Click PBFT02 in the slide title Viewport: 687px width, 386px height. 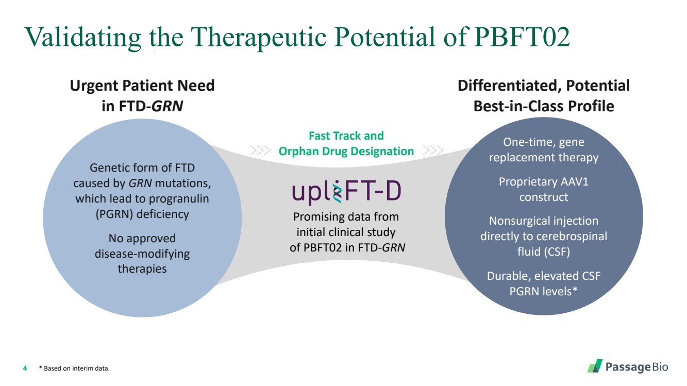(x=521, y=37)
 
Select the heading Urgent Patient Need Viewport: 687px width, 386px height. (x=142, y=86)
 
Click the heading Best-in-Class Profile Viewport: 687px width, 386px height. (x=544, y=106)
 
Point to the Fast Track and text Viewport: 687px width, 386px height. (x=346, y=136)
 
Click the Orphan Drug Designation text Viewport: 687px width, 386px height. (x=346, y=152)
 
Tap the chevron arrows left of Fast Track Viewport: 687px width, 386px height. (x=260, y=151)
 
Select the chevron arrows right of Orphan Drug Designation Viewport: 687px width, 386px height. (x=432, y=151)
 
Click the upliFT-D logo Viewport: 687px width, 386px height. (x=346, y=192)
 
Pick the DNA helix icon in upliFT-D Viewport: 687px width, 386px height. (x=338, y=193)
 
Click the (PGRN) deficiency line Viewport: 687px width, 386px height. (x=142, y=214)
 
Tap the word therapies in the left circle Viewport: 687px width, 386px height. (x=142, y=268)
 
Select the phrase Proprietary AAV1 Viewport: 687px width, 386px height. (x=544, y=182)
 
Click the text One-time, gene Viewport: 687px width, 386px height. (x=544, y=142)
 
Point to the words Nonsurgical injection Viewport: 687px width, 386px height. (x=544, y=221)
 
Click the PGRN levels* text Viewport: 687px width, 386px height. (x=544, y=291)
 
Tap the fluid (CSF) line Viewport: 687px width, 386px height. (x=544, y=252)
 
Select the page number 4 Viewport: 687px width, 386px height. (x=25, y=368)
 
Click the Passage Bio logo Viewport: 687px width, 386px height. (x=628, y=367)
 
